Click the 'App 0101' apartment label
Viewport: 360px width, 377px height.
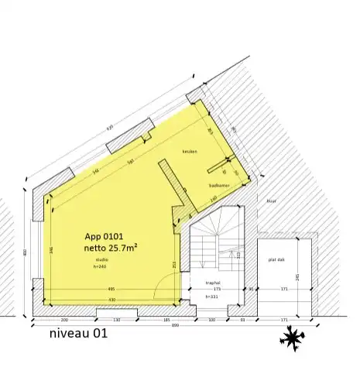[105, 236]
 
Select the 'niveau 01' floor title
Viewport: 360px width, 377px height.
[77, 335]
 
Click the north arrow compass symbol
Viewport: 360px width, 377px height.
[293, 338]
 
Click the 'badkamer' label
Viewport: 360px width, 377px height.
[217, 186]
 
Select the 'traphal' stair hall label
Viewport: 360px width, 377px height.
[214, 284]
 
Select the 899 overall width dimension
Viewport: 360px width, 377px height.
[177, 325]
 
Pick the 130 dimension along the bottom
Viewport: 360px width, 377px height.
[118, 319]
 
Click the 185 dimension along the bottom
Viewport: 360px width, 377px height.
[166, 319]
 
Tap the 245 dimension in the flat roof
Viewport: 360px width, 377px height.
[297, 277]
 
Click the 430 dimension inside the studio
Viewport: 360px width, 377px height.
[111, 300]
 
